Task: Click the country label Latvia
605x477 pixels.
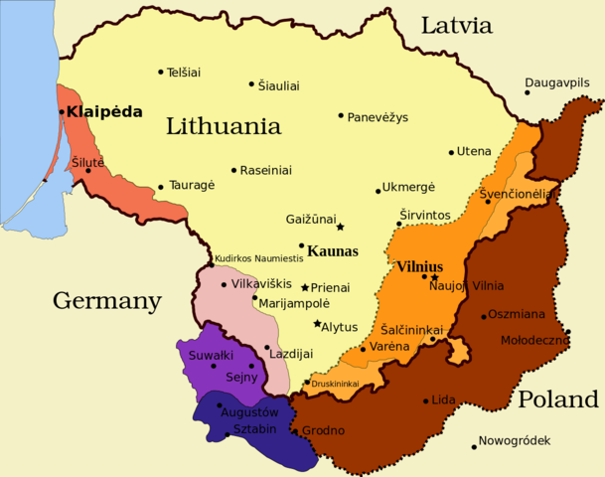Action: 456,25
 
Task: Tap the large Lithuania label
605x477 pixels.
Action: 223,126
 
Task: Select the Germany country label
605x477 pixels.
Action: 106,300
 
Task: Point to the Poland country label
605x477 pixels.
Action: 557,399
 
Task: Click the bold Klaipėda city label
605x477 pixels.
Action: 105,112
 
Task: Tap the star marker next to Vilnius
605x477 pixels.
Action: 435,276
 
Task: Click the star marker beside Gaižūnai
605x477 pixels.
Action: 340,226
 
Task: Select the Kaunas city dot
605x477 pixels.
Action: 301,245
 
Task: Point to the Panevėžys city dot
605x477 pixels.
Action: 341,115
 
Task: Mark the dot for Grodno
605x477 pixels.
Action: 294,430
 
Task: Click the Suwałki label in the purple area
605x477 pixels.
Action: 211,354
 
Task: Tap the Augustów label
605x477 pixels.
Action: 249,410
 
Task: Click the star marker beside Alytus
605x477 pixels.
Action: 317,324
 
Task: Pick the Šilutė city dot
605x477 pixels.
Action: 88,170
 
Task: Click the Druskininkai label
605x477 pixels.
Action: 335,384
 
